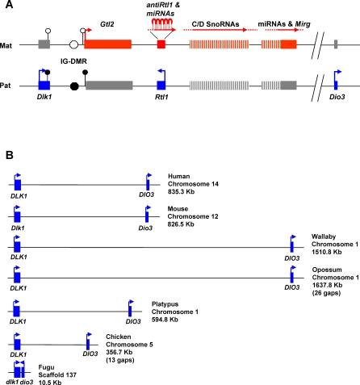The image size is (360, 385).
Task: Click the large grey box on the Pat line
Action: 108,84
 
